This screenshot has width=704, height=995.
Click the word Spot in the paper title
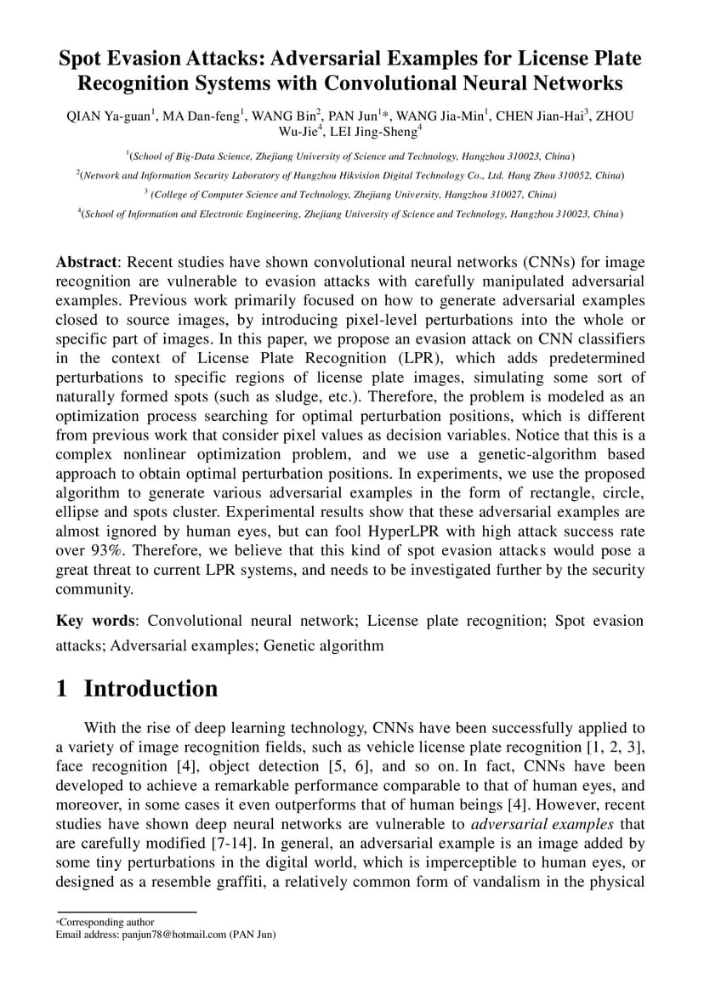81,59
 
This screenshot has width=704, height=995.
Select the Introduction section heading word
150,688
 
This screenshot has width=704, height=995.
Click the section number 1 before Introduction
61,688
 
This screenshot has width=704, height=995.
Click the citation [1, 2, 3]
612,747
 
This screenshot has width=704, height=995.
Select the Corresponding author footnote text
107,922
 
